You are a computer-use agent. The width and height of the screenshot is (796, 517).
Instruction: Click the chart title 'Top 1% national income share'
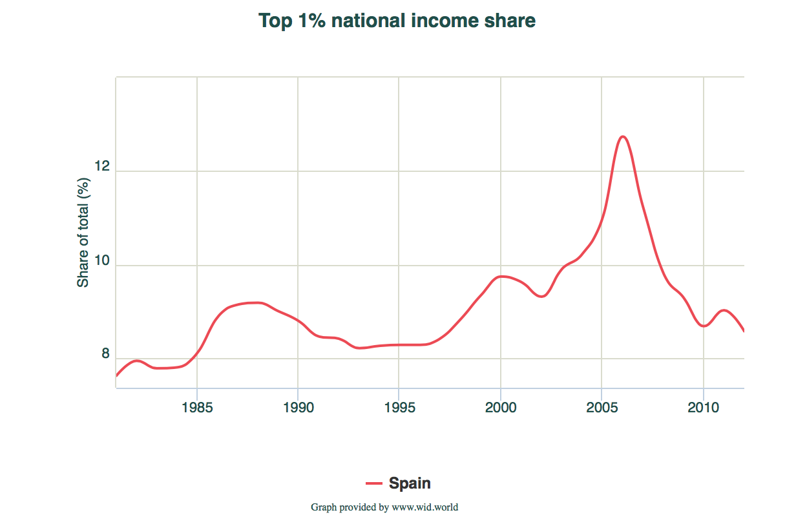(x=397, y=21)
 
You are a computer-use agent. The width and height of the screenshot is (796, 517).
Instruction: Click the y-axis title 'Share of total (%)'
(x=83, y=233)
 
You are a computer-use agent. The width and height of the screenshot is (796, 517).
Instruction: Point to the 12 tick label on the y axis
(x=102, y=167)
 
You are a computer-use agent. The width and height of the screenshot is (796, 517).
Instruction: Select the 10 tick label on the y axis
(x=102, y=261)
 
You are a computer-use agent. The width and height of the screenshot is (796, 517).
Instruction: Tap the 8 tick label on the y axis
(x=105, y=354)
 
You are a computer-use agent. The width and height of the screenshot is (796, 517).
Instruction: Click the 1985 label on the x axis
(x=197, y=408)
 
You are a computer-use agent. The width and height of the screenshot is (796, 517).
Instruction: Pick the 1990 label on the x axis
(x=298, y=408)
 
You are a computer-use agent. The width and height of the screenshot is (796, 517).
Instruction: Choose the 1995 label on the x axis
(x=399, y=408)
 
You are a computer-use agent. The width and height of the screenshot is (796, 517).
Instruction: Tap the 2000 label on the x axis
(x=501, y=408)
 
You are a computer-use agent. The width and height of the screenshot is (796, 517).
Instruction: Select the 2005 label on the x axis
(x=602, y=408)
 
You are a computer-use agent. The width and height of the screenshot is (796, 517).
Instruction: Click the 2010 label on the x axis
(x=703, y=408)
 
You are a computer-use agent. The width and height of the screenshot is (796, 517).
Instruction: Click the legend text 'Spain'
(x=410, y=483)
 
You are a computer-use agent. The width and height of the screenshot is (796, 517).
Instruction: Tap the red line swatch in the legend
(x=375, y=483)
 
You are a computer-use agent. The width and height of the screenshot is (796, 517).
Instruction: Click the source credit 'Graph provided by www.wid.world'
(x=384, y=507)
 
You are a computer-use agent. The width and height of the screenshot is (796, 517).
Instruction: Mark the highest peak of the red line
(x=622, y=136)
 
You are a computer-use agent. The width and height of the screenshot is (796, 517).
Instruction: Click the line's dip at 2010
(x=704, y=326)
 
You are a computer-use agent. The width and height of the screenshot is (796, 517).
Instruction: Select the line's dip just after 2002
(x=543, y=296)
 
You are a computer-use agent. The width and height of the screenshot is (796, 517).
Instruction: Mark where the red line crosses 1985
(x=197, y=352)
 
